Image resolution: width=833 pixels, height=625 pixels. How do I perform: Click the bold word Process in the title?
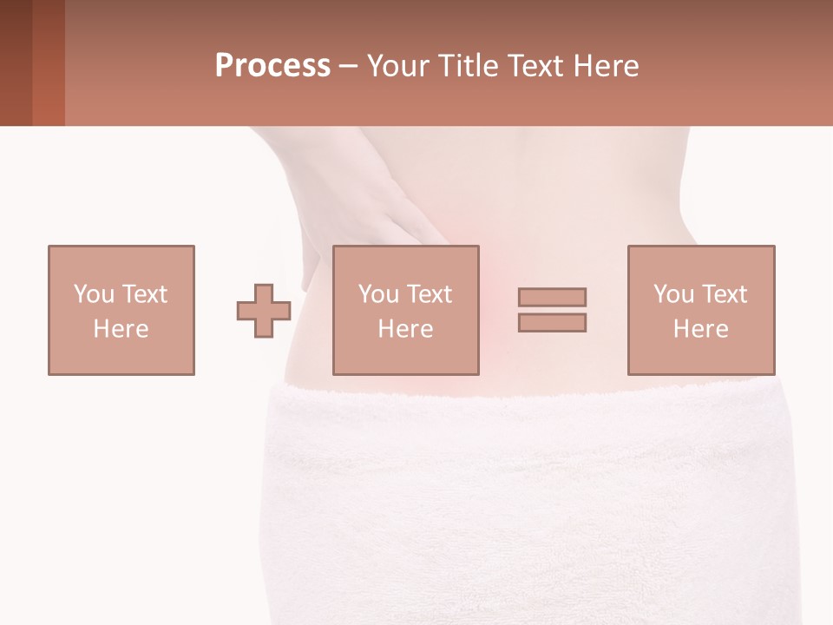[272, 66]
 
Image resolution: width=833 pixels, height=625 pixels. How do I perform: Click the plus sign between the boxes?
[264, 311]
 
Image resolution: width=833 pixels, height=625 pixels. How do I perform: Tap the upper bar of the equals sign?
[552, 297]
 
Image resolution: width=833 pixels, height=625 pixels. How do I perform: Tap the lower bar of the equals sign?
[552, 322]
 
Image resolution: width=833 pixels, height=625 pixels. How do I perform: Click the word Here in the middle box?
[405, 329]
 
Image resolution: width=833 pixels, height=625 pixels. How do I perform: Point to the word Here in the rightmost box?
[700, 329]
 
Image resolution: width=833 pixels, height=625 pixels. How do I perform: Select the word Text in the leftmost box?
[143, 293]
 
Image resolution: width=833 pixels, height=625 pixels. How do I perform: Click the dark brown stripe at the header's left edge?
[16, 62]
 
